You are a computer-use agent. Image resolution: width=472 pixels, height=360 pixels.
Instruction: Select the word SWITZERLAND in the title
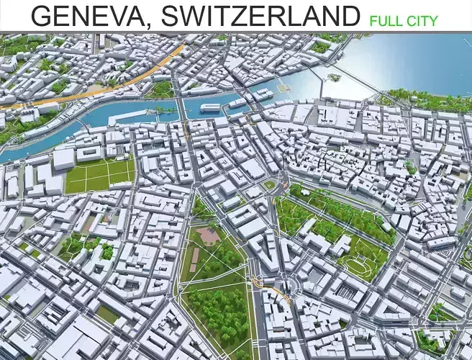pos(261,15)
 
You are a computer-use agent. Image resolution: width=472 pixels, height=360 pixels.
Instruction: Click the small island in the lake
pos(333,76)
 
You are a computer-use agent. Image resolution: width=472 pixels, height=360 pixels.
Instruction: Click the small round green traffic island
pos(269,184)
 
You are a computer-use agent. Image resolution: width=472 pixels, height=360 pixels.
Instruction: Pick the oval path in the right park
pos(358,267)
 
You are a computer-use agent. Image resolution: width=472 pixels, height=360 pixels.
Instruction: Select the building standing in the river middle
pos(210,107)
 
